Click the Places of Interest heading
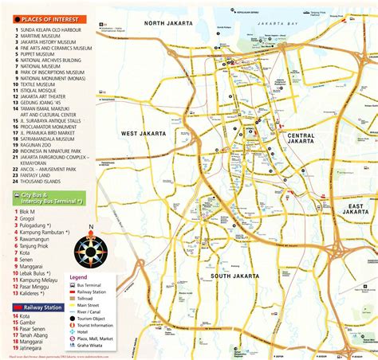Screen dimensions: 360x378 (x=48, y=18)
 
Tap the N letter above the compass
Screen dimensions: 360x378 (x=90, y=226)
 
